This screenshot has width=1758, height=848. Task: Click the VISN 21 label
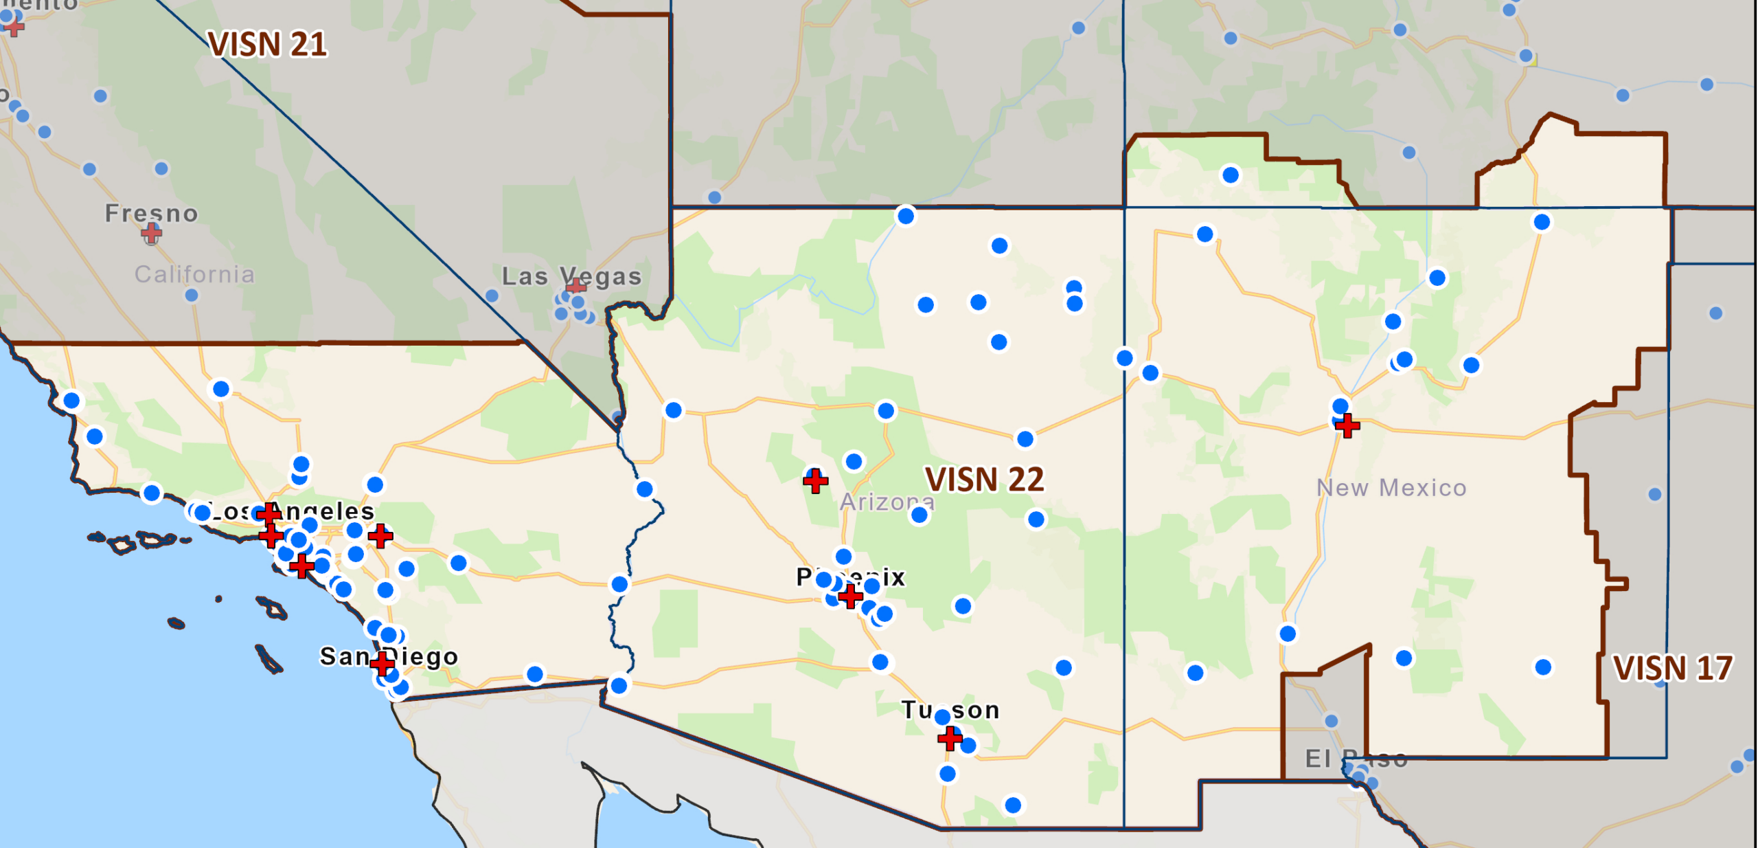click(267, 45)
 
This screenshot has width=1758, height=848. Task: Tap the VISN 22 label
click(984, 479)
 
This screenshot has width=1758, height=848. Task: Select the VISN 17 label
click(1672, 667)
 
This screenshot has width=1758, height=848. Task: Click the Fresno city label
click(152, 213)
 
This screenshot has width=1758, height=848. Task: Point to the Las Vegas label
click(571, 276)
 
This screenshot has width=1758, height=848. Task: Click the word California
click(194, 274)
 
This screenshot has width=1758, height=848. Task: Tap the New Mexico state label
click(1391, 487)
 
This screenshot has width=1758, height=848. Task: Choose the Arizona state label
click(887, 502)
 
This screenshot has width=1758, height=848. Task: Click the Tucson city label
click(950, 709)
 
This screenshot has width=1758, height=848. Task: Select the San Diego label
click(389, 656)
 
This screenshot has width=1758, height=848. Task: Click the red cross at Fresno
click(151, 234)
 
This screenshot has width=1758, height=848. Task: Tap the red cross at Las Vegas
click(576, 286)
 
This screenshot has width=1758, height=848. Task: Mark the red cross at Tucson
click(950, 738)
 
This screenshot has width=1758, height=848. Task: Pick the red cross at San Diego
click(382, 663)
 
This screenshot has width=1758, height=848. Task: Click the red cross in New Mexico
click(1347, 425)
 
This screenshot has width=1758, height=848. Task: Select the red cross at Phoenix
click(850, 595)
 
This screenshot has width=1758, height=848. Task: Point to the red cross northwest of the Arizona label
click(815, 481)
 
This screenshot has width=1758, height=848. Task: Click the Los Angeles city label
click(291, 511)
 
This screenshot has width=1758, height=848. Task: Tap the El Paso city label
click(1356, 759)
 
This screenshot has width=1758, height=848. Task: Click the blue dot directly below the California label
click(192, 295)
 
